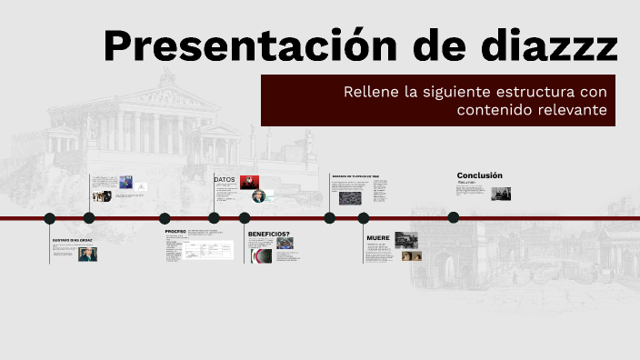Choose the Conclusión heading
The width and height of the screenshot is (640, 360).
point(479,175)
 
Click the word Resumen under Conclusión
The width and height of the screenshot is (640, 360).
point(466,184)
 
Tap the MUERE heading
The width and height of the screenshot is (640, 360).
point(378,237)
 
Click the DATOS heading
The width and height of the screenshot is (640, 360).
point(225,179)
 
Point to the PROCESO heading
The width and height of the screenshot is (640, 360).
point(175,231)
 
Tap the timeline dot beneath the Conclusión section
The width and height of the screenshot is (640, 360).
point(454,217)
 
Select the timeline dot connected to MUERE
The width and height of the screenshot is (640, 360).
point(364,218)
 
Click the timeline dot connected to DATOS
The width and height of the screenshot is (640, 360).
point(214,218)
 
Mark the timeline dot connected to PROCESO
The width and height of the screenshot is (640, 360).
point(165,218)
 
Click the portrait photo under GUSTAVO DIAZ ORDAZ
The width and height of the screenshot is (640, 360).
point(87,255)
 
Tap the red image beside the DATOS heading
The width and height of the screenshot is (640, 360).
point(250,181)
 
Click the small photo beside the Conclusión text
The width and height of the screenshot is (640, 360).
point(501,194)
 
